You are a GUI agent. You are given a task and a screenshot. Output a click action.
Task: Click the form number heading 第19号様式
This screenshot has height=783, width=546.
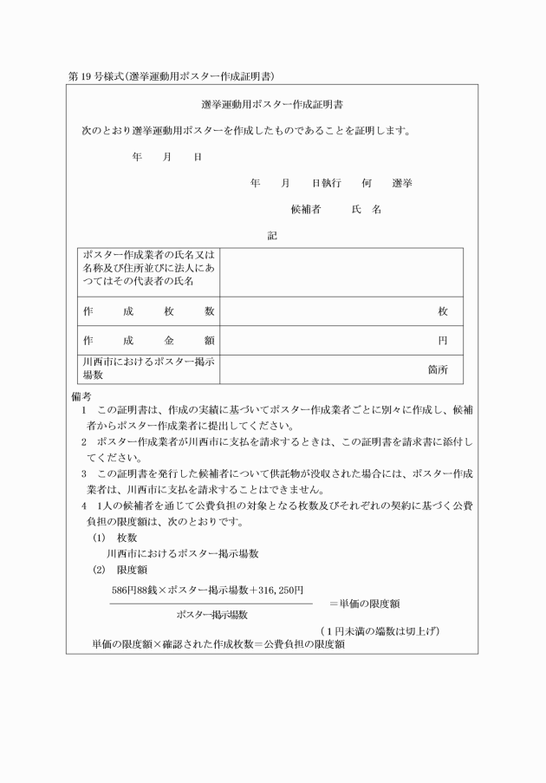point(95,76)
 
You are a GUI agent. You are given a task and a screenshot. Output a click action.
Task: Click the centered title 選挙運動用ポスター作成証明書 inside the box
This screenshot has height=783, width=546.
point(272,105)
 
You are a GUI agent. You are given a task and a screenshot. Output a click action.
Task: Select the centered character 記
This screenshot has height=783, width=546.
point(272,235)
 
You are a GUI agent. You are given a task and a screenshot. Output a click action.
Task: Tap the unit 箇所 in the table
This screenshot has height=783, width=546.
point(438,369)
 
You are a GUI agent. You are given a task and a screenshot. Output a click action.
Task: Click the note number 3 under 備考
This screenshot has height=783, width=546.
point(84,473)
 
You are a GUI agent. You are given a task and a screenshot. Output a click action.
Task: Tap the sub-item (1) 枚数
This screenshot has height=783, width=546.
point(110,538)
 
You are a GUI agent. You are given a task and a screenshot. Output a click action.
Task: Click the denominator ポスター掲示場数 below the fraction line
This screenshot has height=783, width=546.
point(211,615)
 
